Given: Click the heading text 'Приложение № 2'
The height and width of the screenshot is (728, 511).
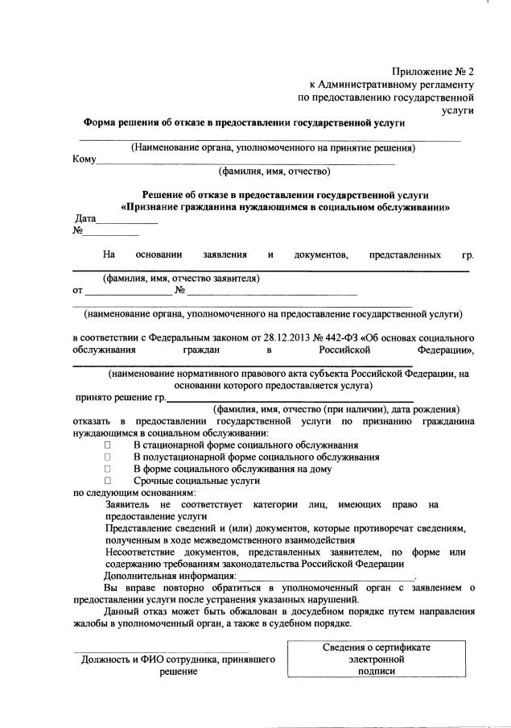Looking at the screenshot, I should point(433,72).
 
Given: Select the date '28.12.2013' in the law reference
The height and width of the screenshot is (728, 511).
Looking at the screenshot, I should point(287,337).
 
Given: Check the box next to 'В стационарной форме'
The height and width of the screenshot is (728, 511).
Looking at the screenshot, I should point(106,445).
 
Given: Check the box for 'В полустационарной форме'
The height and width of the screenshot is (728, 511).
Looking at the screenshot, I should point(106,457).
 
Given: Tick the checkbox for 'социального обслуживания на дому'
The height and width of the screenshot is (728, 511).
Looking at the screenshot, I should point(106,468).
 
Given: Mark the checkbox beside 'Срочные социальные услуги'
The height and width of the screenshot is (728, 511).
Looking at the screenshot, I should point(106,480).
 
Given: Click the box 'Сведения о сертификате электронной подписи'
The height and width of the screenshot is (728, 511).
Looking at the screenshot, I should point(377,659).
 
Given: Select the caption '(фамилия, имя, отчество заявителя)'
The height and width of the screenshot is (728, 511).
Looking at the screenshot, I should point(181,279).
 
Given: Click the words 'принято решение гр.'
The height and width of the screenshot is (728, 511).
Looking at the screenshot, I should point(121,397).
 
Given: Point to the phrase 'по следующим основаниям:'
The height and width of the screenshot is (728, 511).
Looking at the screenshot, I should point(134,492).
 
